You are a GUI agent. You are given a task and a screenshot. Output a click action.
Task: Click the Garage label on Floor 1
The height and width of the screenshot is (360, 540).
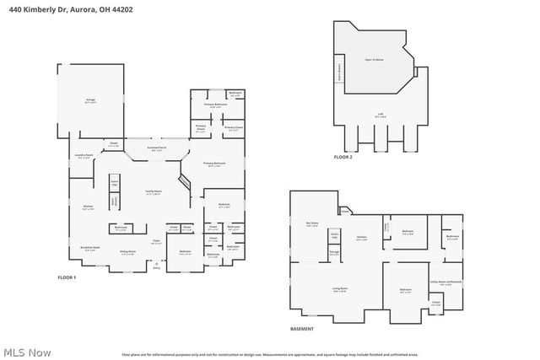(89, 100)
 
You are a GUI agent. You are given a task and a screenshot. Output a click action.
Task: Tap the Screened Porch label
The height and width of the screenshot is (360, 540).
(157, 148)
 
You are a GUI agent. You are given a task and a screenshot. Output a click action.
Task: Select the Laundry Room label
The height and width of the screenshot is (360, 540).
(83, 156)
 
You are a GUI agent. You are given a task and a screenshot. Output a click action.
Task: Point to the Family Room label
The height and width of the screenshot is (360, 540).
(154, 192)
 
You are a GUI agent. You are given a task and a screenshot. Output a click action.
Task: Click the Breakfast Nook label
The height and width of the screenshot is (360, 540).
(89, 247)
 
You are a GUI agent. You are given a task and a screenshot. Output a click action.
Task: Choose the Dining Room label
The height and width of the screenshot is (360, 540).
(127, 252)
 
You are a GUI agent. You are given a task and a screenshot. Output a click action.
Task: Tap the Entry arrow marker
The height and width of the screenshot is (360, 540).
(155, 266)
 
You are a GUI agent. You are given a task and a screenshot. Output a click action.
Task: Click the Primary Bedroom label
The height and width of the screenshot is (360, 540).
(213, 164)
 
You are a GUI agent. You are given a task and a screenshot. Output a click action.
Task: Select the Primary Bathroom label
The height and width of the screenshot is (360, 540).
(219, 105)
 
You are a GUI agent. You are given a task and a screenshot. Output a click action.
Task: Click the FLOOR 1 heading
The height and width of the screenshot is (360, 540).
(67, 277)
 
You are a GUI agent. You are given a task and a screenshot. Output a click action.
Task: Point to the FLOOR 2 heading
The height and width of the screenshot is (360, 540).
(343, 157)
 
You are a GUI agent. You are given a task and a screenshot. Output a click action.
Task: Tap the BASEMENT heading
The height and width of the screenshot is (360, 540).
(302, 329)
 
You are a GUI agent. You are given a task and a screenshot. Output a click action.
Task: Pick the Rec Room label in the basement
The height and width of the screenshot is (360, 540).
(311, 224)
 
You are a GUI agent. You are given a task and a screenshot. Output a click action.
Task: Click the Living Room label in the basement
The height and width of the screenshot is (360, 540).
(338, 289)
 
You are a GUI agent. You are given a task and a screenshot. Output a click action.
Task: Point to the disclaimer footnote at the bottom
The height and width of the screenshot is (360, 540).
(269, 353)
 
